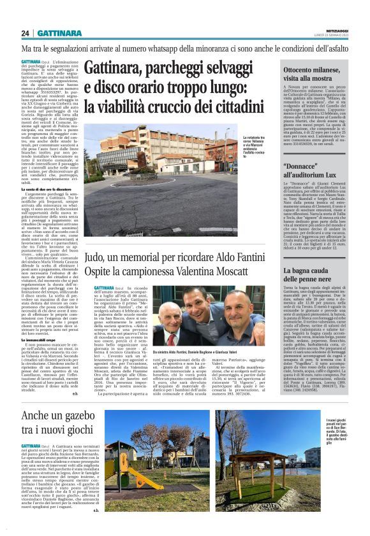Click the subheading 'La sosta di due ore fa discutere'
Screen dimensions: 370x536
coord(49,190)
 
